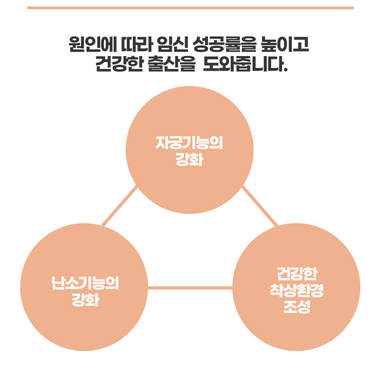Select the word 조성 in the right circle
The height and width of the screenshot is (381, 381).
tap(297, 307)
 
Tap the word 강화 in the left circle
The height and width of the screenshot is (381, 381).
tap(84, 300)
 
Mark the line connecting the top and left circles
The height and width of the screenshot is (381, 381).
tap(120, 206)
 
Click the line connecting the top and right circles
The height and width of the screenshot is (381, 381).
tap(260, 206)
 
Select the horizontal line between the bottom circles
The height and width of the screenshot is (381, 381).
tap(190, 287)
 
